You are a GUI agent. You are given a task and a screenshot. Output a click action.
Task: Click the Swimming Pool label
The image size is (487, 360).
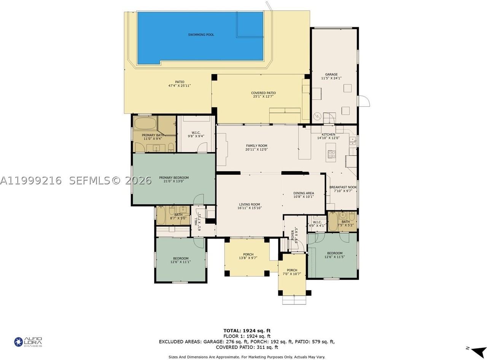click(201, 35)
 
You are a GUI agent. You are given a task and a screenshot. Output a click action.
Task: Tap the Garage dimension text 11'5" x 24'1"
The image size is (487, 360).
click(331, 78)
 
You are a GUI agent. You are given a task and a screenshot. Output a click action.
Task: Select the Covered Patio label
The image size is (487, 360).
click(263, 93)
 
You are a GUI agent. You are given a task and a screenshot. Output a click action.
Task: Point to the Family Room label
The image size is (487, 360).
click(256, 146)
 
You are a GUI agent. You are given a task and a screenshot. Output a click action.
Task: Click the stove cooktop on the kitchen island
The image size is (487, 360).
click(331, 154)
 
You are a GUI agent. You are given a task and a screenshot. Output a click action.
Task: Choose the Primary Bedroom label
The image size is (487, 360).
click(173, 178)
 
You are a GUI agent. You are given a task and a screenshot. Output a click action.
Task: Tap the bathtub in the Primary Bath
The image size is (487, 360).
click(145, 123)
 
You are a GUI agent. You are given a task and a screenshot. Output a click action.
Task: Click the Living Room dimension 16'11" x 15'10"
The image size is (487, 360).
click(250, 208)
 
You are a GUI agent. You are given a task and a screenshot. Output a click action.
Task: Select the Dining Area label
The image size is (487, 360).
click(304, 193)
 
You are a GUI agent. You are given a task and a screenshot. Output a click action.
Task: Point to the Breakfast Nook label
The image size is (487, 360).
click(343, 187)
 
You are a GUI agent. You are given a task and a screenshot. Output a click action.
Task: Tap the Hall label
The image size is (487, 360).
click(196, 221)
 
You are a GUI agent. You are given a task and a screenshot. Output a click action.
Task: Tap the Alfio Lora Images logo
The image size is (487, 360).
click(28, 342)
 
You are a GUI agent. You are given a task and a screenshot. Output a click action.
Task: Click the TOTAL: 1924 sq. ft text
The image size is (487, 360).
click(247, 331)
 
